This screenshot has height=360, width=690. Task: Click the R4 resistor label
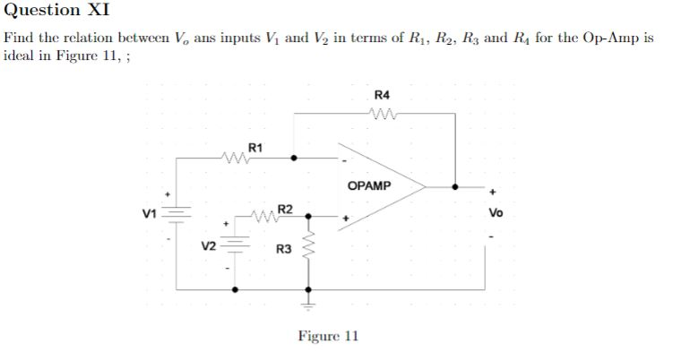click(383, 95)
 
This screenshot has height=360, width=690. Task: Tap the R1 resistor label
click(255, 146)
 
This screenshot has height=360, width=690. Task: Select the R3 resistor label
click(283, 247)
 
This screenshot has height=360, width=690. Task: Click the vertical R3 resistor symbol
click(309, 244)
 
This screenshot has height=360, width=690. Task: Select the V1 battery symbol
click(177, 214)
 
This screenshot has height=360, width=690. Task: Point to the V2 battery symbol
click(236, 243)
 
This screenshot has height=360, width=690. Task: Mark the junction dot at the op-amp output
click(456, 187)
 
